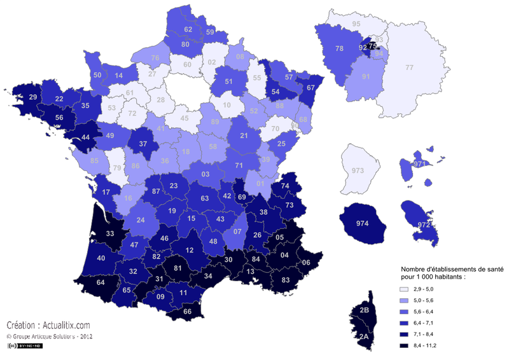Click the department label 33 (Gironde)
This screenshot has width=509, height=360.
pyautogui.click(x=109, y=234)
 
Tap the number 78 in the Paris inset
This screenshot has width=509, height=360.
pyautogui.click(x=340, y=48)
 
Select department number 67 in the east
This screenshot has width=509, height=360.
pyautogui.click(x=310, y=88)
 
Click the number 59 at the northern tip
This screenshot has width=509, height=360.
pyautogui.click(x=211, y=31)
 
